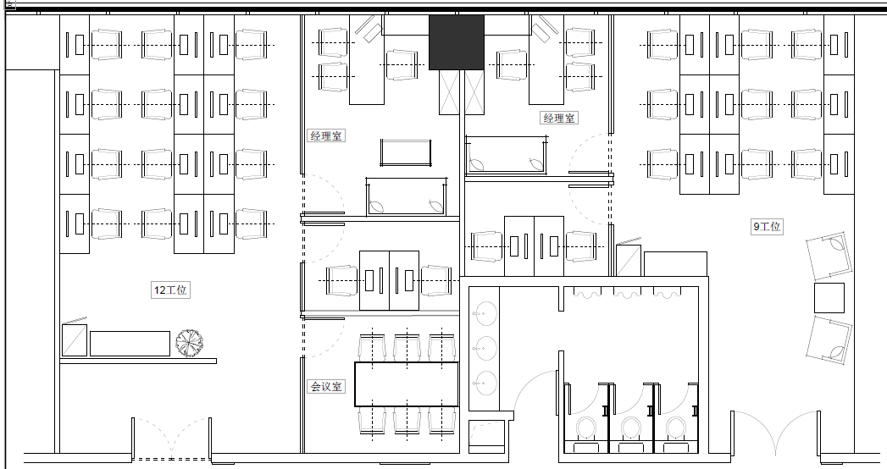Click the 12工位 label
[170, 290]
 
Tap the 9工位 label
[767, 227]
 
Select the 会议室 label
[326, 387]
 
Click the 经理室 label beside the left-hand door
[326, 135]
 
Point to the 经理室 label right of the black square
[559, 119]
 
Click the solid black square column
[457, 42]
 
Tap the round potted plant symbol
[189, 343]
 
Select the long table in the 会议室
[406, 384]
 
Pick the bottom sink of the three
[485, 383]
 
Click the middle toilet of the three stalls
[631, 429]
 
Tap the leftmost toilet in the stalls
[586, 429]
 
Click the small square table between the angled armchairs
[829, 298]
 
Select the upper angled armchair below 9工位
[829, 256]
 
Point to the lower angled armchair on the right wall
[829, 339]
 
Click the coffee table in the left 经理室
[406, 152]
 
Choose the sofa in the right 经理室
[506, 155]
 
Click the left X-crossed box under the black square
[449, 91]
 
